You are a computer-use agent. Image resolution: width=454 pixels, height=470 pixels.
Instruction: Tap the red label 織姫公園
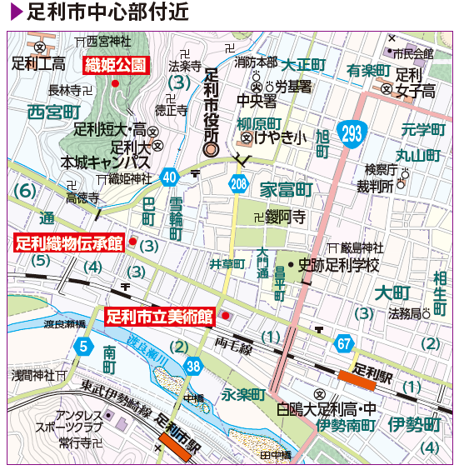tap(116, 65)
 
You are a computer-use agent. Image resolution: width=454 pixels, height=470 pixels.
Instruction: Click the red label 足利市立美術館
tap(159, 317)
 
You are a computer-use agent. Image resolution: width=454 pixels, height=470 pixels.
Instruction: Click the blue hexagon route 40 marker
tap(169, 177)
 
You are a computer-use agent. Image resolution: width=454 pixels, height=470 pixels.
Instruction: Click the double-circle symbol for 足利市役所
tap(211, 151)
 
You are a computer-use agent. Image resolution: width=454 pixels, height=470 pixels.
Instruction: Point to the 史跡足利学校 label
tap(338, 266)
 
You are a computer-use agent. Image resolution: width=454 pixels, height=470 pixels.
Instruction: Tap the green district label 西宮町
tap(53, 111)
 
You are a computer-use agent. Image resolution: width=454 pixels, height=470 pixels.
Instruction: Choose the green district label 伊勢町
tap(413, 425)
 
